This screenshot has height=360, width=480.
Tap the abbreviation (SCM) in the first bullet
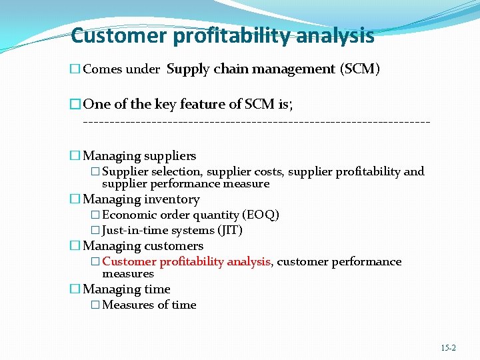click(x=360, y=69)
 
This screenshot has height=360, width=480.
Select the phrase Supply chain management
click(x=251, y=69)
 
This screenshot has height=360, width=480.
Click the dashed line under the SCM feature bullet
click(x=256, y=123)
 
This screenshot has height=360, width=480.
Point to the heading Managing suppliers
click(x=139, y=156)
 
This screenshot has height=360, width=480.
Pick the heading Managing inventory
click(x=141, y=199)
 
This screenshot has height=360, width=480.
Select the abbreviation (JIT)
click(x=230, y=231)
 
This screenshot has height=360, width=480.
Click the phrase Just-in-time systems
click(x=159, y=231)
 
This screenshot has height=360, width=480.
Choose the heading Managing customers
click(x=143, y=246)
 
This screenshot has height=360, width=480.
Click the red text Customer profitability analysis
click(x=186, y=262)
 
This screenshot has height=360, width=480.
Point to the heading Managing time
click(x=127, y=289)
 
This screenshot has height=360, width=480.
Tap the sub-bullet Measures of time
click(x=149, y=305)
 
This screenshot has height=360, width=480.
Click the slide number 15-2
click(x=449, y=348)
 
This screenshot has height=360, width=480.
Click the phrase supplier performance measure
click(x=185, y=183)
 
